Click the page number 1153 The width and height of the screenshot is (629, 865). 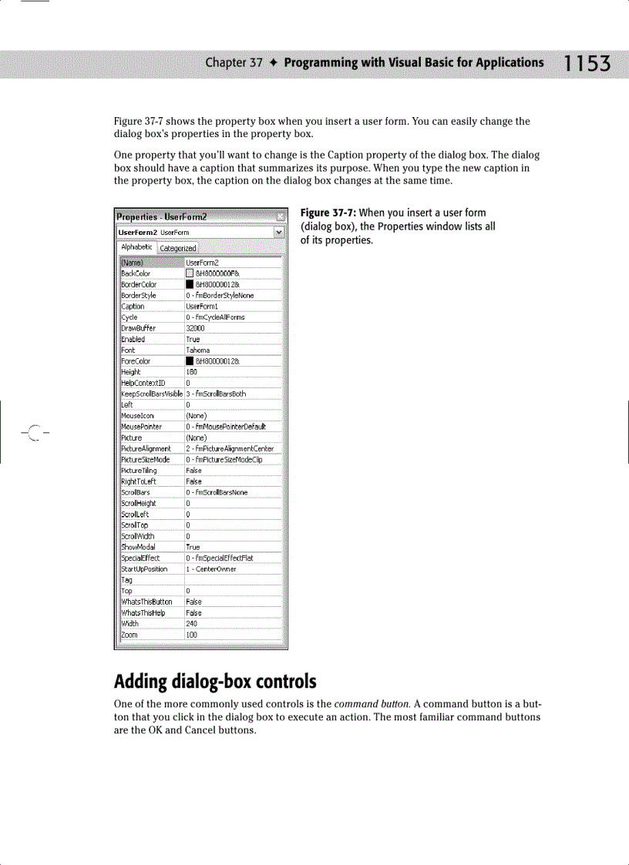pos(587,64)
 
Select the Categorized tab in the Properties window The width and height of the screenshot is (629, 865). pos(178,248)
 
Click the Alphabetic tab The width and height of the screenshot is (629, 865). pos(136,247)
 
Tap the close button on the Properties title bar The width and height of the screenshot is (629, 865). pos(280,217)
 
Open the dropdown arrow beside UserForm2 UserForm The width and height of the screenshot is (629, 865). pos(278,232)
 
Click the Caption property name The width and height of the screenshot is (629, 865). pos(133,306)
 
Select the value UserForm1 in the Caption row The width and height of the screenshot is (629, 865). pos(202,306)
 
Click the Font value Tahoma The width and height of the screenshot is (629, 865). pos(198,350)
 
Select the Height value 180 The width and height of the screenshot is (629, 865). pos(192,372)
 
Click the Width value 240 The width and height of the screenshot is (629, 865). pos(192,624)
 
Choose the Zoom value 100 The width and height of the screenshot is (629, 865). pos(192,635)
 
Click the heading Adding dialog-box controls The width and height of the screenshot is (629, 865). pos(215,682)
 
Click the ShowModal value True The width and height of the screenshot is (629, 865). pos(193,548)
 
